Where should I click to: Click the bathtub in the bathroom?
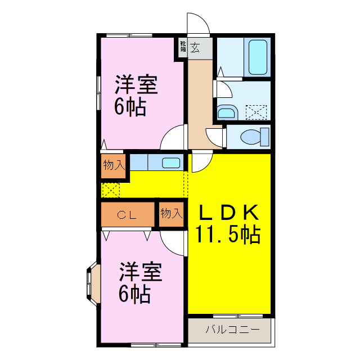pyautogui.click(x=258, y=57)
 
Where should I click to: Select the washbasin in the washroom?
pyautogui.click(x=227, y=113)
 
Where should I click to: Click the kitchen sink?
pyautogui.click(x=171, y=163)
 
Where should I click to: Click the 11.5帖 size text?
pyautogui.click(x=228, y=233)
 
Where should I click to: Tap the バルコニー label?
pyautogui.click(x=232, y=330)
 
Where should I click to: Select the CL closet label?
pyautogui.click(x=128, y=214)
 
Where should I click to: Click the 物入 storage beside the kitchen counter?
pyautogui.click(x=114, y=165)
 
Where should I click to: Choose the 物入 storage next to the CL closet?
pyautogui.click(x=171, y=214)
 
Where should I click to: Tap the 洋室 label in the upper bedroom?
pyautogui.click(x=135, y=85)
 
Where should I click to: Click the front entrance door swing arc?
pyautogui.click(x=198, y=22)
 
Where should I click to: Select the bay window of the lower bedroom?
pyautogui.click(x=92, y=285)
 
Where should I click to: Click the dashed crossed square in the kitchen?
pyautogui.click(x=111, y=190)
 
